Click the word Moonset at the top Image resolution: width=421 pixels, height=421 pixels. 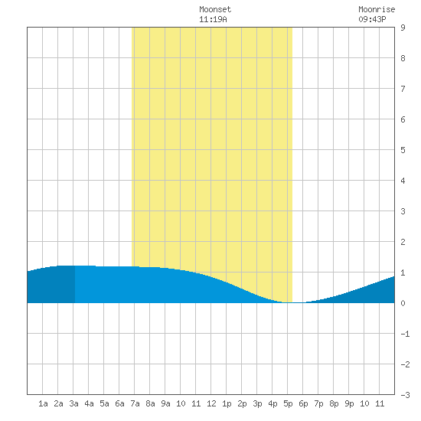(215, 9)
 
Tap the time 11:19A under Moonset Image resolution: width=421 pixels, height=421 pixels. (213, 19)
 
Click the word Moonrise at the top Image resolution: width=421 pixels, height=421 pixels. (377, 9)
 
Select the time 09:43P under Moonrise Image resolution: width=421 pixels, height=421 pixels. (372, 19)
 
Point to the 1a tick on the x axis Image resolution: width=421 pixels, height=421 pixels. (43, 403)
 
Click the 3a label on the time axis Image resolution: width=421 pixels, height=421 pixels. (73, 403)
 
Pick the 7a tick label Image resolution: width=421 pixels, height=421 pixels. (135, 403)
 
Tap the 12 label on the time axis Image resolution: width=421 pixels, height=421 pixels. (211, 403)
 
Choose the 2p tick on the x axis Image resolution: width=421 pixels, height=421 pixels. (242, 403)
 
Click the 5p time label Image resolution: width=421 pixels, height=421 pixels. (288, 403)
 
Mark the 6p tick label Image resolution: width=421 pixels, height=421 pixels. (303, 403)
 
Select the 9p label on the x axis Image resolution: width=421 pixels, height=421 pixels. (349, 403)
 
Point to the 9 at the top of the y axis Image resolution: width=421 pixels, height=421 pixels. (403, 28)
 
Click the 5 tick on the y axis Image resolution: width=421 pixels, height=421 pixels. (403, 150)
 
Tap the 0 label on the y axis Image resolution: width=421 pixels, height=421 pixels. (403, 303)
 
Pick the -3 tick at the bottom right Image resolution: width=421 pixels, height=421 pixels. (405, 395)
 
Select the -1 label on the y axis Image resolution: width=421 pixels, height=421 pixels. (405, 334)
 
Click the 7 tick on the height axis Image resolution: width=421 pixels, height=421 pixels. (403, 89)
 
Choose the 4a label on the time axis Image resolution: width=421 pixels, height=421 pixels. (89, 403)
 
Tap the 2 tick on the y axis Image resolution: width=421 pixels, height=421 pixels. (403, 242)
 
